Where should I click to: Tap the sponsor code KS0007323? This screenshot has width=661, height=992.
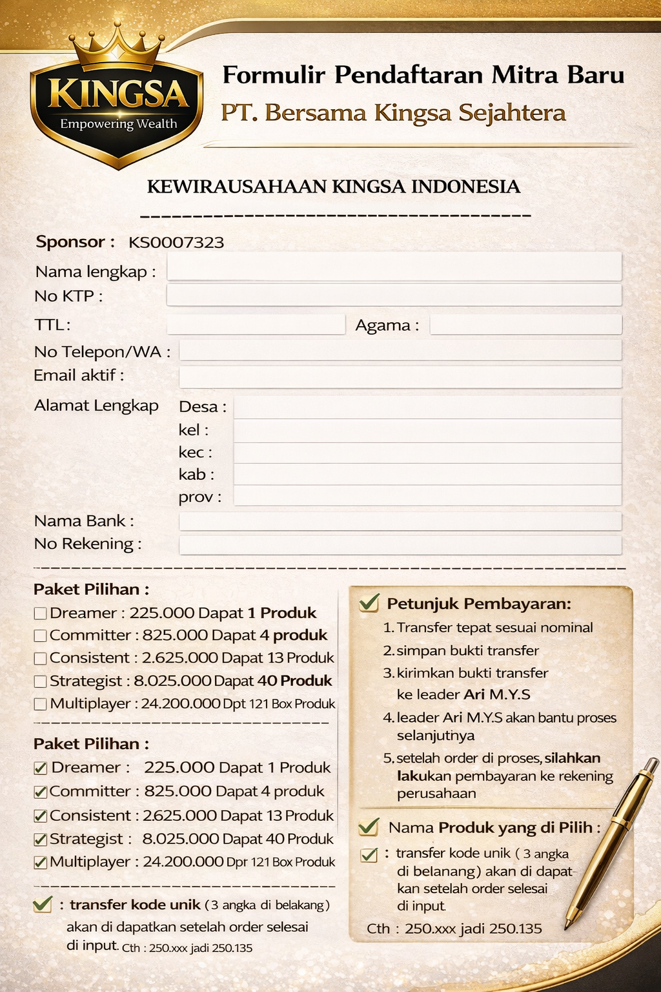point(176,243)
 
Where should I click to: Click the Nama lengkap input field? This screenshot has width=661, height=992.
point(394,267)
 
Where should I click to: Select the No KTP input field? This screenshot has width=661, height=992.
point(394,295)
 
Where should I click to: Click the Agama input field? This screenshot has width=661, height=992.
point(525,325)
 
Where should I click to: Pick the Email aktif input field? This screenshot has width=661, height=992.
point(400,377)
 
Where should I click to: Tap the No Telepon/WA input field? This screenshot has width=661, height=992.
point(400,351)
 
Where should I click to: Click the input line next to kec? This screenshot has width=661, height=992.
point(427,453)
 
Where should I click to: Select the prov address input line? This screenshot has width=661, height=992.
point(427,496)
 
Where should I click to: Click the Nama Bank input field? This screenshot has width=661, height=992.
point(400,521)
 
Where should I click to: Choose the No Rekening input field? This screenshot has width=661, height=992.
point(400,545)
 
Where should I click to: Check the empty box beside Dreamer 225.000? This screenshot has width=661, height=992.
point(40,614)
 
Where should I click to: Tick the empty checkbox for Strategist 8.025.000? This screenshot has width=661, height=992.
point(40,681)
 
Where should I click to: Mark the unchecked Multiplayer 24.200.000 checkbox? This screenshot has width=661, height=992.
point(40,704)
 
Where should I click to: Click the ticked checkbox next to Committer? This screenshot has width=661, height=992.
point(40,792)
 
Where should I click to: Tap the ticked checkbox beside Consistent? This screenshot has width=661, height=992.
point(40,816)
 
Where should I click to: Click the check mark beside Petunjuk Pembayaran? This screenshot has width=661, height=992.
point(369,603)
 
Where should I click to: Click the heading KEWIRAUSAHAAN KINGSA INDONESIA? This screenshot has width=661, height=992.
point(334,187)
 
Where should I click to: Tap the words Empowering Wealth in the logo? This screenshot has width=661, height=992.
point(118,124)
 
